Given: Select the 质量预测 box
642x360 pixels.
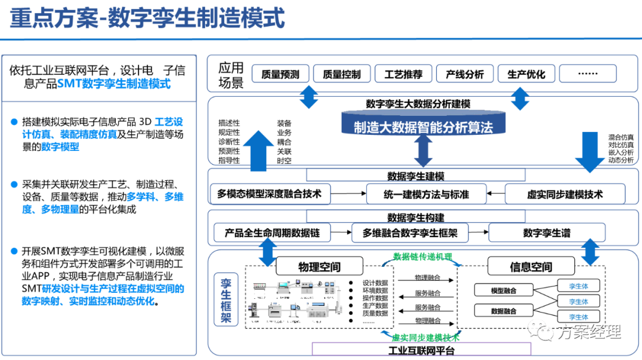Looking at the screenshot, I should [280, 74].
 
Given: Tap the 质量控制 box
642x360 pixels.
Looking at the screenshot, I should [342, 74].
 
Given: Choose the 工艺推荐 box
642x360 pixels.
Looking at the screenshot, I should [404, 74].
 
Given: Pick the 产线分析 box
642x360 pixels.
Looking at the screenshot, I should [465, 74].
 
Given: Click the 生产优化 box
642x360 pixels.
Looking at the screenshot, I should [526, 74].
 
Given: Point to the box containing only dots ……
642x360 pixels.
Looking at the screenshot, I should [588, 74].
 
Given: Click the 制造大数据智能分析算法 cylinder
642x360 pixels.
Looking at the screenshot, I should [423, 127].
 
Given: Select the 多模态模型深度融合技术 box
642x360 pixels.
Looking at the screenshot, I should [269, 194].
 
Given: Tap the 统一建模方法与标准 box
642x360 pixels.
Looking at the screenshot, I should [426, 194].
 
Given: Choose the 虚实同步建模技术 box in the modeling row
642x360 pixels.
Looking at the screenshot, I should [565, 194].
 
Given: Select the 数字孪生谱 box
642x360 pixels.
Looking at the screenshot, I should [547, 233].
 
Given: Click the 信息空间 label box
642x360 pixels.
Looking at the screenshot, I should [531, 267].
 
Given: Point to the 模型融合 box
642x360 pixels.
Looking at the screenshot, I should [503, 290].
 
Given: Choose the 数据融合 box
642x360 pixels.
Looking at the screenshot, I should [503, 311].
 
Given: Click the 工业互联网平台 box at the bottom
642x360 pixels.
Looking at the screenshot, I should [422, 350].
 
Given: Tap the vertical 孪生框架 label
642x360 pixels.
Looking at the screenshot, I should [226, 299].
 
